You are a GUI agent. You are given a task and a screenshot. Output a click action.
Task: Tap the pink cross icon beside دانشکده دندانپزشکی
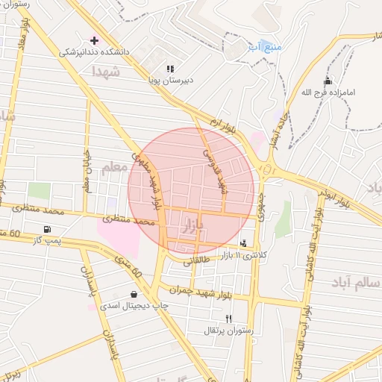95,40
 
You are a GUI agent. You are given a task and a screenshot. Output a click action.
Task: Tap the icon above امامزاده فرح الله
328,81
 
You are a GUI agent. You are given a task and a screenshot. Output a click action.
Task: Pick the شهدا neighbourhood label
106,72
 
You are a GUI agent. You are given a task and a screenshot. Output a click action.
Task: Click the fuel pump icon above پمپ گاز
48,229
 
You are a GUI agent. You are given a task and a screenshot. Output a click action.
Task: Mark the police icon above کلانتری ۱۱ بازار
243,243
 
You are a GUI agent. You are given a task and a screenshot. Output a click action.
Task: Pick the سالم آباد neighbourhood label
358,284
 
